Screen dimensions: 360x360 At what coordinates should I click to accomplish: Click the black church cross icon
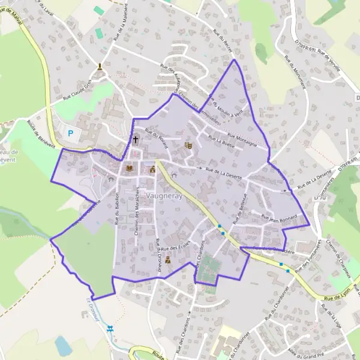tap(136, 140)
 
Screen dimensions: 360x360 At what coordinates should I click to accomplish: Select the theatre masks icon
tap(188, 145)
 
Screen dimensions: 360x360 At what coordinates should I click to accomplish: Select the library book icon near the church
tap(129, 169)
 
